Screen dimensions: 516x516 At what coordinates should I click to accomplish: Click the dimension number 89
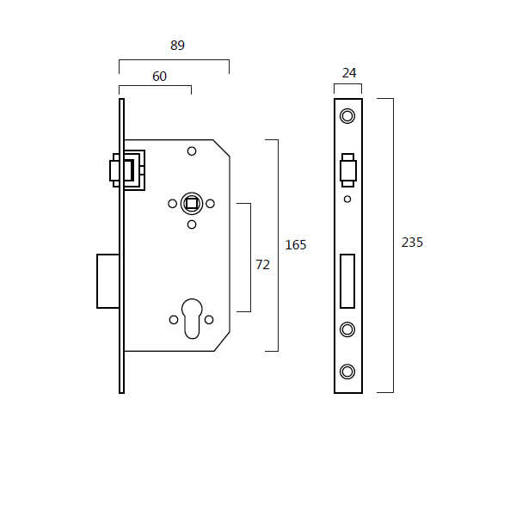point(177,45)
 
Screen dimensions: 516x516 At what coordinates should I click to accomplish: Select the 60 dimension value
point(159,77)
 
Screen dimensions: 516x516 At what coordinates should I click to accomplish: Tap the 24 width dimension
point(349,73)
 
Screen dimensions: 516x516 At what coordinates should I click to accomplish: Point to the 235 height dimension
point(412,243)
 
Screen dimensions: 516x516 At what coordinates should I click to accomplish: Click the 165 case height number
point(296,245)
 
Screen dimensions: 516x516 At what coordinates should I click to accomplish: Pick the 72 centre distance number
point(262,265)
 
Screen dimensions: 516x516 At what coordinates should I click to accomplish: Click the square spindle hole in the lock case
point(192,203)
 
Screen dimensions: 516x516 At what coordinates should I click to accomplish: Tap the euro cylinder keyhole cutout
point(192,318)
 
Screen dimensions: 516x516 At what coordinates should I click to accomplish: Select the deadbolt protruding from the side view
point(108,281)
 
